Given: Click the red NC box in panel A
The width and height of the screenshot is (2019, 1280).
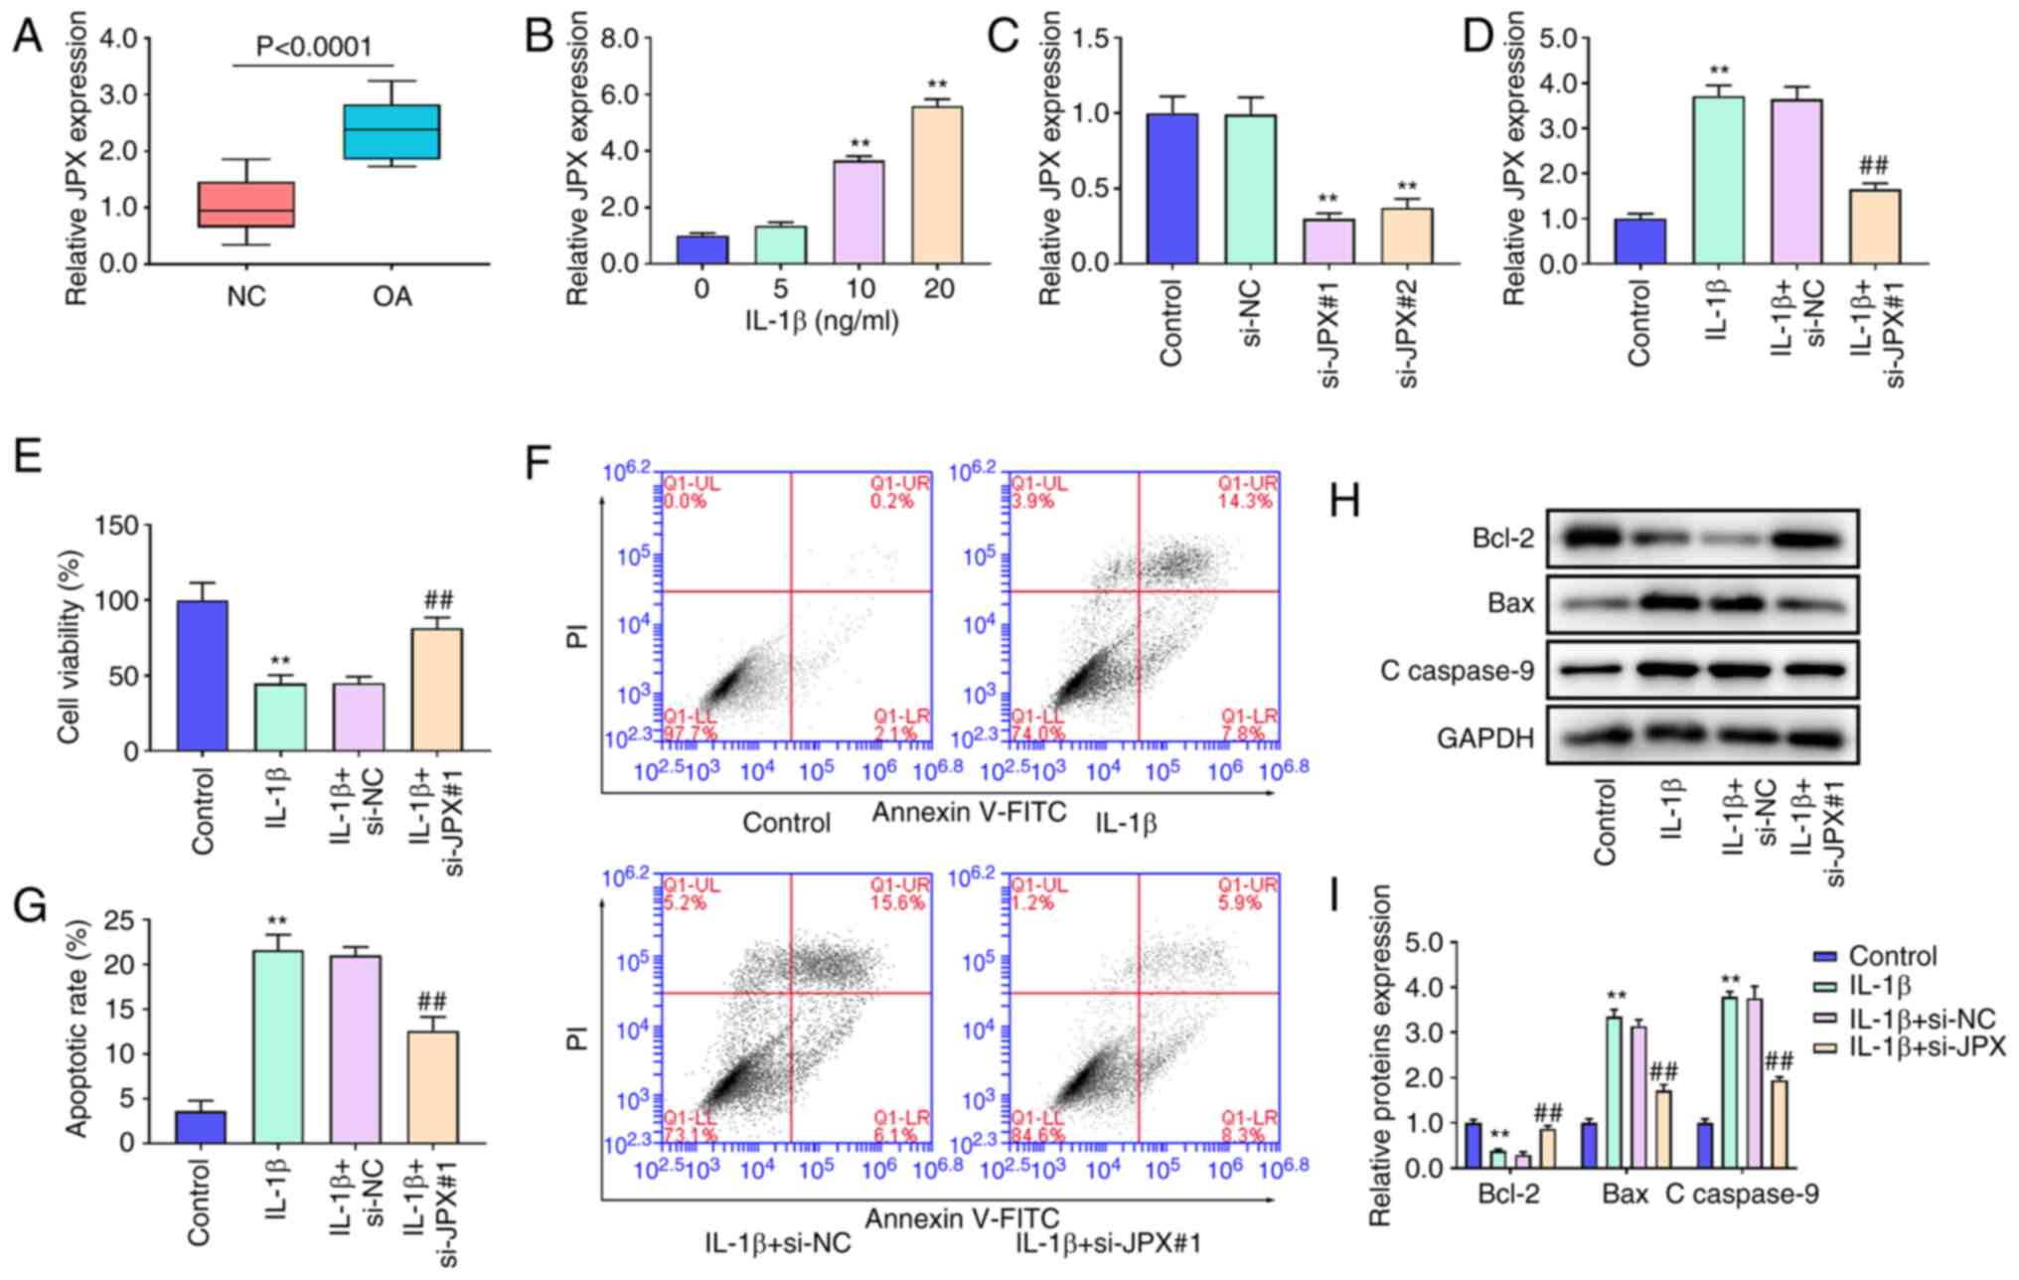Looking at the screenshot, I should (x=246, y=204).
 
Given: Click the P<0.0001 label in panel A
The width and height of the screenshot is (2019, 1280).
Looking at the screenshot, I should (x=314, y=47).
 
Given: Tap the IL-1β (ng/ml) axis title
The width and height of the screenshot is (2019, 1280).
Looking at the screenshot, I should (x=822, y=321).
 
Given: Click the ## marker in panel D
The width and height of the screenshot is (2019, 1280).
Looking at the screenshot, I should (x=1874, y=166).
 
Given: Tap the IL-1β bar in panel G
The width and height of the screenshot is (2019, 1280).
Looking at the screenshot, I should (x=278, y=1045).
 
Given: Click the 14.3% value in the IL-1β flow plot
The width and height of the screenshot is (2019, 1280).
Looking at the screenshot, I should (x=1245, y=502).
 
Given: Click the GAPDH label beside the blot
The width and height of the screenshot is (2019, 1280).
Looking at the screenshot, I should (x=1485, y=738).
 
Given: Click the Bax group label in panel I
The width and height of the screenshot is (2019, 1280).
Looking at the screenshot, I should (x=1626, y=1195).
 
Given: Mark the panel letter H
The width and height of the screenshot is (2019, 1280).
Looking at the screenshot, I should (x=1344, y=503).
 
